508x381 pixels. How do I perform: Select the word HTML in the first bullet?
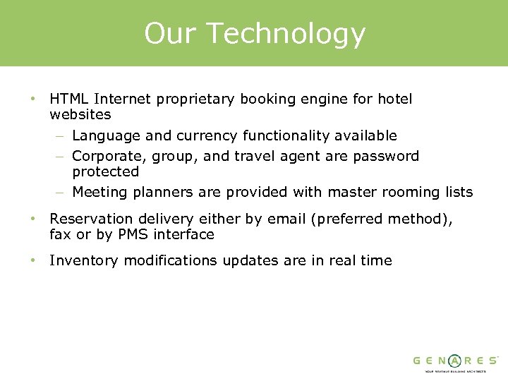[69, 99]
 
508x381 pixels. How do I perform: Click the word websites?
[80, 114]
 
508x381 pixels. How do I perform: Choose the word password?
[387, 156]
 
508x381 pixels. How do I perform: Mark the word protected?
[106, 171]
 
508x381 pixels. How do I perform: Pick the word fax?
[61, 234]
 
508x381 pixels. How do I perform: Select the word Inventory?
[84, 260]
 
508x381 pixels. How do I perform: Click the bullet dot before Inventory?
[32, 260]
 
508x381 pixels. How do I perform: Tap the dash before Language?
[61, 135]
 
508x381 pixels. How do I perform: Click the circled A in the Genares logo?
[456, 360]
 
